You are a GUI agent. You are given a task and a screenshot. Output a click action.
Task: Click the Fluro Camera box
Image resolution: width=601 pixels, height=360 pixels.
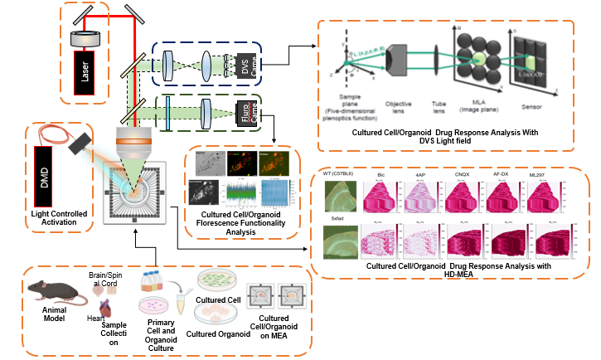(245, 114)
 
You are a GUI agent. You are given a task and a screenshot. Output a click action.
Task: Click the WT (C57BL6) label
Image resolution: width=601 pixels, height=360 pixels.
(342, 174)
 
